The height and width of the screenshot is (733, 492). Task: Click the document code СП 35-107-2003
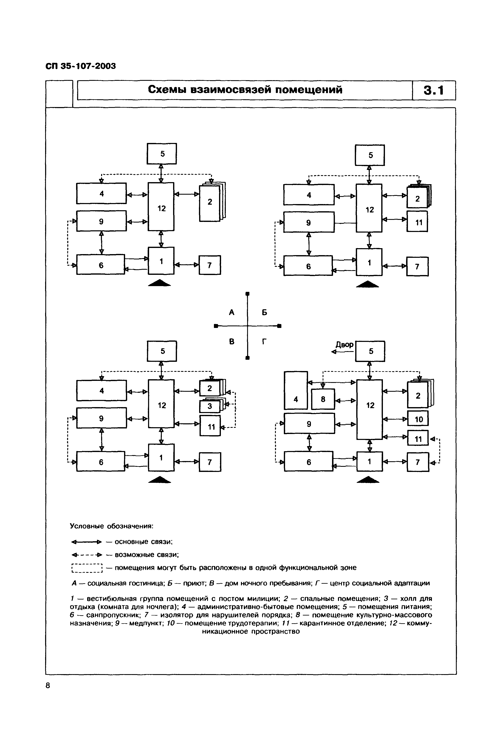[81, 66]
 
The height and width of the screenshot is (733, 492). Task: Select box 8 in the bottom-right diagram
[323, 399]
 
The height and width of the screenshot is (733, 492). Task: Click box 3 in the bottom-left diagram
[210, 406]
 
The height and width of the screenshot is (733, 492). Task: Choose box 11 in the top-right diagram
[418, 223]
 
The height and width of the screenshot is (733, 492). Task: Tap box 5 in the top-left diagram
[162, 154]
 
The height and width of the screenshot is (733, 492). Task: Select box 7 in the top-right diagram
[417, 267]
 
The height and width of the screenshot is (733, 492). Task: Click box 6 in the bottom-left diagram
[101, 462]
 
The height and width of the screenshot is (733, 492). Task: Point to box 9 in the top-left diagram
[101, 221]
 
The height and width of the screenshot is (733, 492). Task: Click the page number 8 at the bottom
[48, 686]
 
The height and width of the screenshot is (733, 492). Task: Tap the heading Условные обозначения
[111, 526]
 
